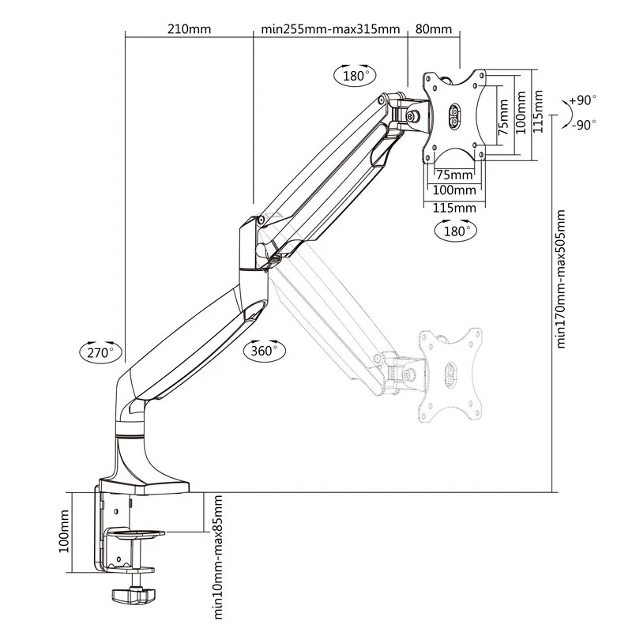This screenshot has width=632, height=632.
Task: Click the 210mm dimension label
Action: (189, 30)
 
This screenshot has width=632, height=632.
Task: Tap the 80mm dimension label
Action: (433, 30)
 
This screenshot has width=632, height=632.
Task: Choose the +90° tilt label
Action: (583, 100)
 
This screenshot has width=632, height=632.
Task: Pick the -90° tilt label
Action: (583, 125)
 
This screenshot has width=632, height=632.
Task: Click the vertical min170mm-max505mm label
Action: (562, 278)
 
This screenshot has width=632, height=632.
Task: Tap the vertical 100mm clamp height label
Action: (66, 531)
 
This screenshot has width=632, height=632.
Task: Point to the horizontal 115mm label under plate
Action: (454, 207)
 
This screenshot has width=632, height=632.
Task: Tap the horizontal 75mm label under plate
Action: (454, 175)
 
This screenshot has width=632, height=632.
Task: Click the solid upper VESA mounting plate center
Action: (456, 116)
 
